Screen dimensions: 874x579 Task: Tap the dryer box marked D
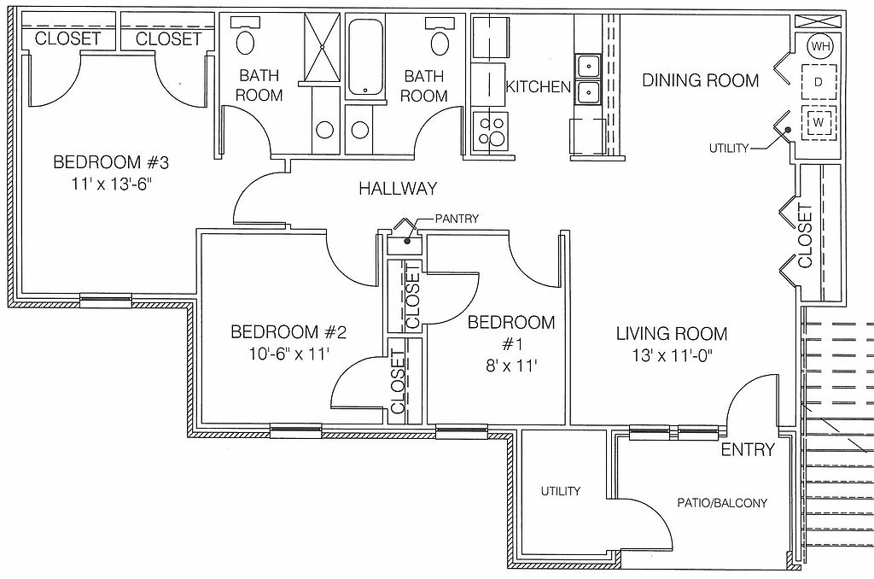click(x=819, y=82)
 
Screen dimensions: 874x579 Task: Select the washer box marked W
click(x=819, y=122)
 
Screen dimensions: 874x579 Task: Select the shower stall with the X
click(x=322, y=50)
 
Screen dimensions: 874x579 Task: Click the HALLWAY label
click(x=398, y=189)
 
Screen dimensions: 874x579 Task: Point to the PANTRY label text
click(x=457, y=219)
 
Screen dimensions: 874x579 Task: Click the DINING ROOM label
click(x=701, y=80)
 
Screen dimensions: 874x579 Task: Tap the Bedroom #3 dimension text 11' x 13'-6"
click(x=112, y=184)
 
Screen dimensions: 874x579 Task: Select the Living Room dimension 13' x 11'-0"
click(x=673, y=354)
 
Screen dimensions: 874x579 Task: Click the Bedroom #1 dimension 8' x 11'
click(x=511, y=366)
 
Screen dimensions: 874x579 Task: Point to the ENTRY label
click(x=748, y=449)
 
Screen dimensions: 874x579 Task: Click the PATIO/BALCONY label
click(x=722, y=503)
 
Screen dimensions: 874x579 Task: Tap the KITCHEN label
click(x=539, y=87)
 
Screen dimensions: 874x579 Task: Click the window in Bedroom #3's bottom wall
click(x=106, y=301)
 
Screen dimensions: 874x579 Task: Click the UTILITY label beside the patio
click(x=561, y=491)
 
